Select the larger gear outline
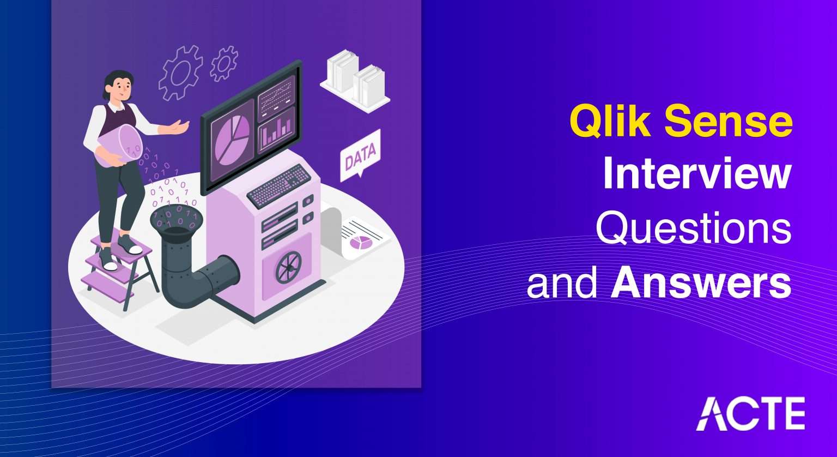(180, 73)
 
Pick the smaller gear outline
(223, 63)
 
